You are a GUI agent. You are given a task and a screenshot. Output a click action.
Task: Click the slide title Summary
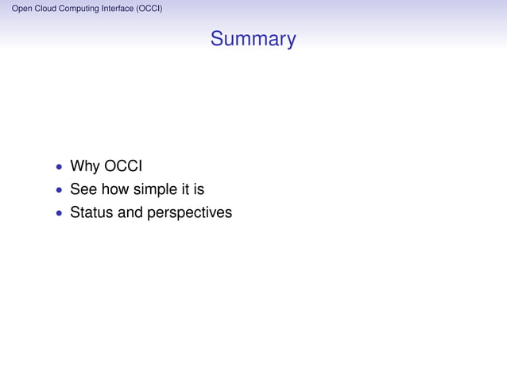tap(253, 39)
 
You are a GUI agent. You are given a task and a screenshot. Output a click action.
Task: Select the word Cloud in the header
tap(46, 10)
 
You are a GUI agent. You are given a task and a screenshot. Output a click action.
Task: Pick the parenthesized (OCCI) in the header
tap(151, 10)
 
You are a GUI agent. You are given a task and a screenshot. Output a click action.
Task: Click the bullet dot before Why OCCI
tap(59, 168)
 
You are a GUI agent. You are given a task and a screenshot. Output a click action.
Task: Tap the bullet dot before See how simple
tap(59, 191)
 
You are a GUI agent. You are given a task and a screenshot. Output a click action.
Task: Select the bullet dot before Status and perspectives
tap(59, 214)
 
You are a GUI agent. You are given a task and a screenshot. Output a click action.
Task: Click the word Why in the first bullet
tap(85, 166)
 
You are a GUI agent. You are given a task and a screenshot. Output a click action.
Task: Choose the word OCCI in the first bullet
tap(123, 166)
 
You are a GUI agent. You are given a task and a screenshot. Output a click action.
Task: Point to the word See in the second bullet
tap(83, 189)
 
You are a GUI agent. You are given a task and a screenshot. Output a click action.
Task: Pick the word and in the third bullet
tap(130, 212)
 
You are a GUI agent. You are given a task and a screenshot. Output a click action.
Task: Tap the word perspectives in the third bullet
tap(189, 213)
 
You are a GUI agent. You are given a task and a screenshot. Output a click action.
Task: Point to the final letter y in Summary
tap(290, 41)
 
